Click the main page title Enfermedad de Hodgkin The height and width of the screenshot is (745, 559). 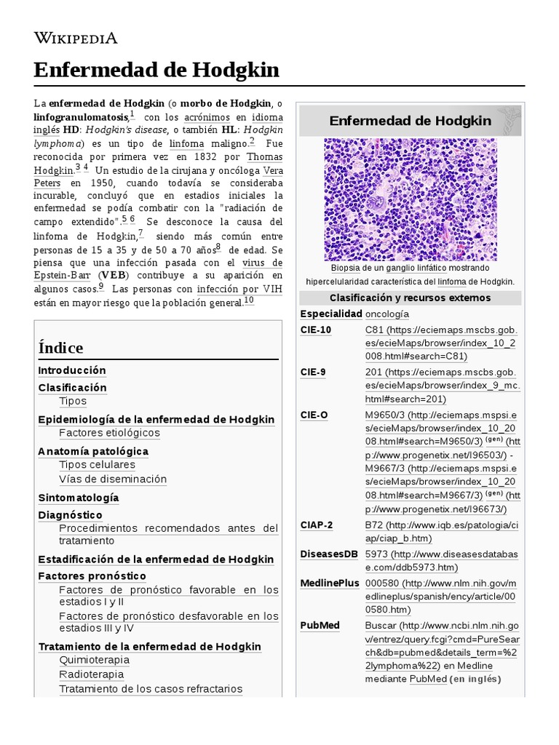tap(156, 70)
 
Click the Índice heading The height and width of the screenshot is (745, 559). tap(60, 347)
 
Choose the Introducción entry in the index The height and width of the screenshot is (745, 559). tap(72, 370)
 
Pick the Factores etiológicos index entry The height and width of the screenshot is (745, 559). tap(109, 433)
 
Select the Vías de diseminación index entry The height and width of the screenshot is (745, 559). tap(113, 479)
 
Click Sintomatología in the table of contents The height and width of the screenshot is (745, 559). tap(78, 498)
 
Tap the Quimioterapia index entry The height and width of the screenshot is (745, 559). tap(94, 660)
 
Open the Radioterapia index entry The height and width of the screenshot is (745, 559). tap(92, 674)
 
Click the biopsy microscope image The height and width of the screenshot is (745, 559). tap(410, 199)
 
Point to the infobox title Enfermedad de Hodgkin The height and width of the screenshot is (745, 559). tap(410, 120)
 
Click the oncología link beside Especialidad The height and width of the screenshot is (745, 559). tap(386, 314)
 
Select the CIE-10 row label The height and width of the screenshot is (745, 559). tap(315, 330)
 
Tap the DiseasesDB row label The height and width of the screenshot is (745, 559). tap(328, 554)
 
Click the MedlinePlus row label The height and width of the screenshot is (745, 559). tap(329, 583)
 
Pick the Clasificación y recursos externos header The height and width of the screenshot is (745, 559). tap(410, 298)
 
